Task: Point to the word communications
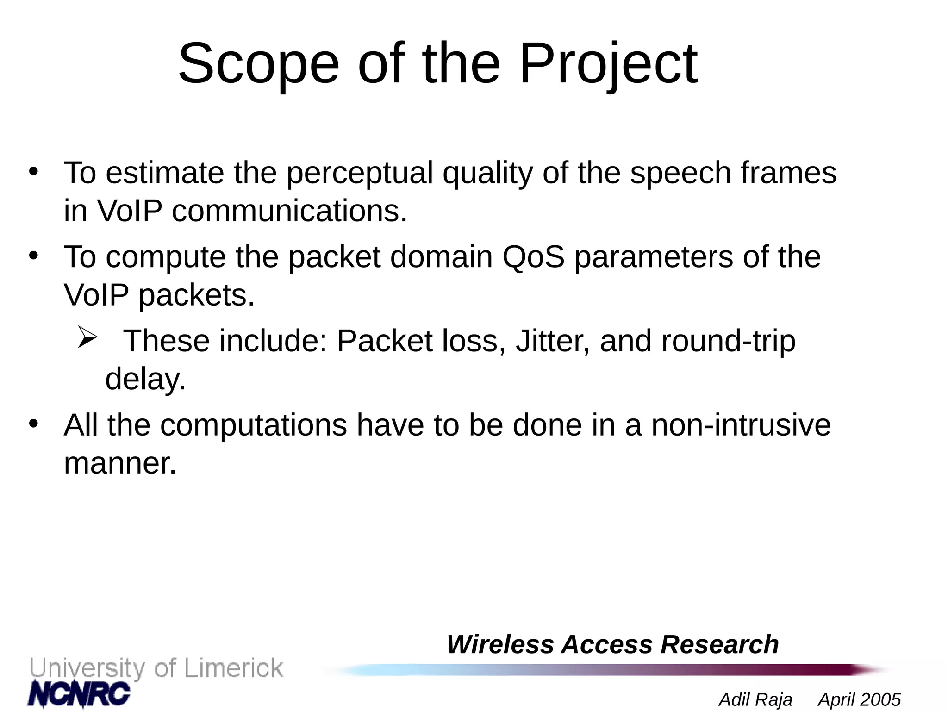pos(289,211)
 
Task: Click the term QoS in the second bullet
pos(533,257)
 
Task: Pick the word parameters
pos(654,257)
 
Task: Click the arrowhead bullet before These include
pos(87,337)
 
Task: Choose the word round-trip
pos(728,341)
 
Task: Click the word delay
pos(145,380)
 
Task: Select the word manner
pos(120,463)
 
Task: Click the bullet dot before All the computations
pos(33,424)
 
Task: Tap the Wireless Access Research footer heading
pos(612,644)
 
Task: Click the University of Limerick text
pos(156,668)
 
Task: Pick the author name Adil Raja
pos(755,699)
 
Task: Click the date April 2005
pos(859,699)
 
